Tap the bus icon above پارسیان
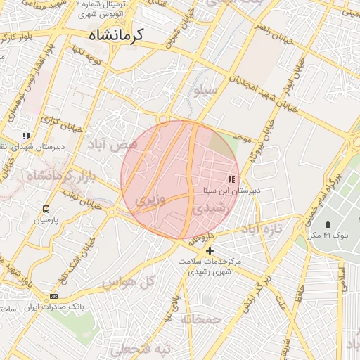click(46, 209)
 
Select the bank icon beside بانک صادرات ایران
click(54, 296)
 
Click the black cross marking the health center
click(210, 250)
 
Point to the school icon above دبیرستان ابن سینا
click(232, 180)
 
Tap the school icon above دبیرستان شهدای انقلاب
click(27, 136)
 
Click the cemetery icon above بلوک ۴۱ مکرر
click(328, 224)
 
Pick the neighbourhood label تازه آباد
click(262, 229)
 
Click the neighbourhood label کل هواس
click(128, 283)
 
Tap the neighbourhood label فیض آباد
click(112, 144)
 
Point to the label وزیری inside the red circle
click(150, 201)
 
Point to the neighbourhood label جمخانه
click(200, 319)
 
